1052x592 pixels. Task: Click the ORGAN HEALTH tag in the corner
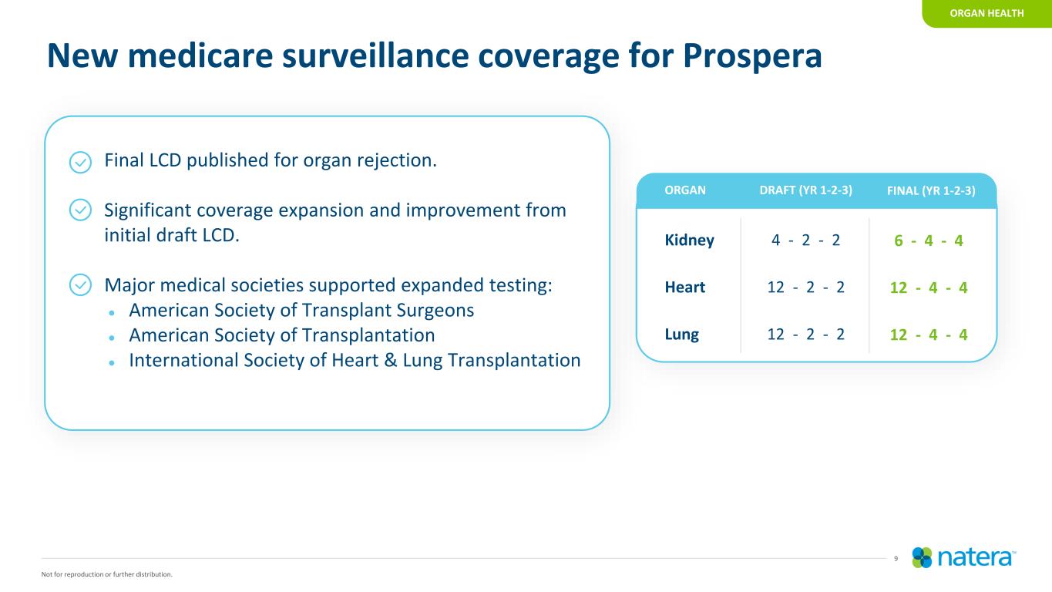(x=986, y=13)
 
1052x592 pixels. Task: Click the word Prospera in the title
(x=752, y=56)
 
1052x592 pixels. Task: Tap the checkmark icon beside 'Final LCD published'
(x=80, y=162)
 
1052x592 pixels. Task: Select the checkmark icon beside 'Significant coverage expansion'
(x=80, y=210)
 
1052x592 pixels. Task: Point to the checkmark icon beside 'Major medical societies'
(x=80, y=284)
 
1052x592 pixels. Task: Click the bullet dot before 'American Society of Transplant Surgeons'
(x=111, y=312)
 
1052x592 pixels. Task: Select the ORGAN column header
(x=684, y=190)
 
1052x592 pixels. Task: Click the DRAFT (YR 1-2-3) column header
(x=806, y=190)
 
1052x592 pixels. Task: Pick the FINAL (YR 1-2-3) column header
(x=931, y=190)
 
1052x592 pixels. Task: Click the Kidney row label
(x=689, y=240)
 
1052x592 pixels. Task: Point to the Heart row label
(x=684, y=287)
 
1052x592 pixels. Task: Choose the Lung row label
(x=681, y=335)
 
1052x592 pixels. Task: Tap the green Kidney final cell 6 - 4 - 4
(x=929, y=240)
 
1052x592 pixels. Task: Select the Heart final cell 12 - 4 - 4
(x=929, y=288)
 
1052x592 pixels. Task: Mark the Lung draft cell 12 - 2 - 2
(x=805, y=334)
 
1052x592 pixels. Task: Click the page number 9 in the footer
(x=896, y=559)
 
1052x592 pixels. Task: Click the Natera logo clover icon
(x=922, y=558)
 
